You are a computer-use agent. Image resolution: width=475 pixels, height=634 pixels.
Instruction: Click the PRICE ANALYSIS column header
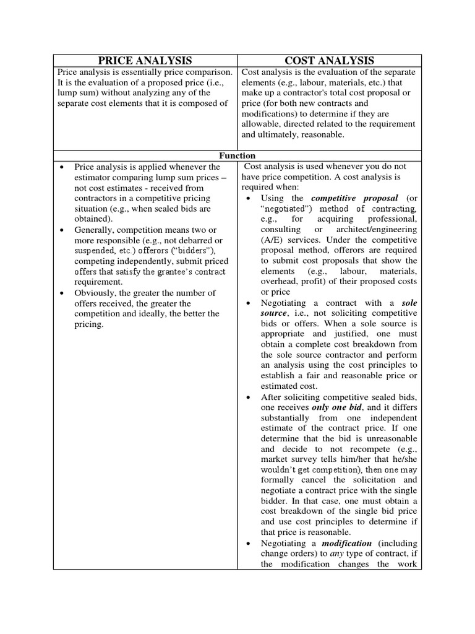click(x=145, y=60)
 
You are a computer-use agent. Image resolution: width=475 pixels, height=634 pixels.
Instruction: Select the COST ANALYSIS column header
click(x=329, y=60)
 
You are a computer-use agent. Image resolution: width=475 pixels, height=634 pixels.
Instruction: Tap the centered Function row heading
click(x=237, y=155)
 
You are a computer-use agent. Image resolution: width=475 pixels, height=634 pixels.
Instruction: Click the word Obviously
click(x=95, y=293)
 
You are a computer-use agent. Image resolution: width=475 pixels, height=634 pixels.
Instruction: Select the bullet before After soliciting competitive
click(x=247, y=396)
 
